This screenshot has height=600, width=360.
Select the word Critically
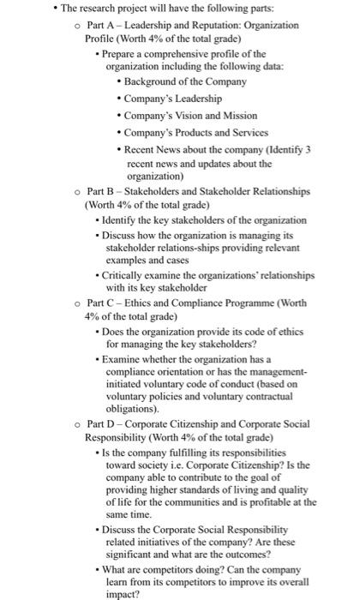131,276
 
